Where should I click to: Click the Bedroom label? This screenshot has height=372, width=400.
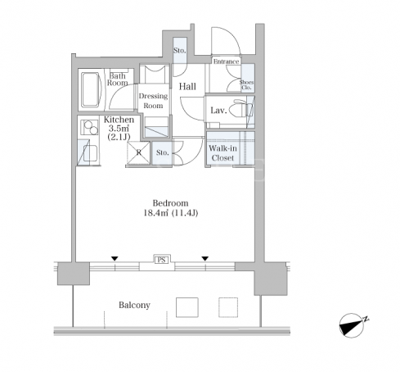pos(170,203)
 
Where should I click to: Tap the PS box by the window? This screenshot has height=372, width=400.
pos(161,260)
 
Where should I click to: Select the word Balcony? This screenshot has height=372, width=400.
pos(134,305)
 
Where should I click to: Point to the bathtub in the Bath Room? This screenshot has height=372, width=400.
pos(91,89)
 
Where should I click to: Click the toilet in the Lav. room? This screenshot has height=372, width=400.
pos(240,110)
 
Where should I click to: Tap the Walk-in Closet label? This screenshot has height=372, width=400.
pos(222,153)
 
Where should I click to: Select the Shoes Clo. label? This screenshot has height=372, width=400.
pos(246,84)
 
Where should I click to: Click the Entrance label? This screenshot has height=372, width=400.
pos(226,61)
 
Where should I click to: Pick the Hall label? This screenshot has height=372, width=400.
pos(187,87)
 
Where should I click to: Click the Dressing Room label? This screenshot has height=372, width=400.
pos(153,101)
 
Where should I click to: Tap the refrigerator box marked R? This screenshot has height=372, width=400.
pos(138,152)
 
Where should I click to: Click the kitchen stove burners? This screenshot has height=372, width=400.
pos(90,128)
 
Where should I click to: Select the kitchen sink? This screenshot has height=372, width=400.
pos(90,153)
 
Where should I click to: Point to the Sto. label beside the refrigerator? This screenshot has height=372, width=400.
pos(162,152)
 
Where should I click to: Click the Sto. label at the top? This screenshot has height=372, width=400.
pos(180,51)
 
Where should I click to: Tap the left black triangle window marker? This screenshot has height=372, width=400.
pos(115,258)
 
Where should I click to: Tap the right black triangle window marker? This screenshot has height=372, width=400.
pos(205,258)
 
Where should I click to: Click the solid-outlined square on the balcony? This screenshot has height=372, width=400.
pos(187,307)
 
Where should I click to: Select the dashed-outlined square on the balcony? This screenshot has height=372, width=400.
pos(228,307)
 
